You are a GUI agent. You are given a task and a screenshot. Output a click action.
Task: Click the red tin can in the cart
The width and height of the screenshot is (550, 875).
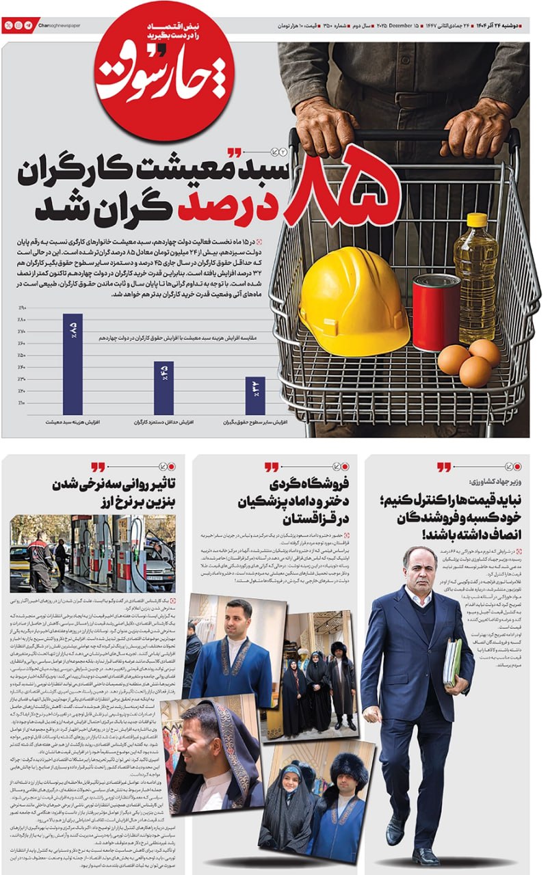436,312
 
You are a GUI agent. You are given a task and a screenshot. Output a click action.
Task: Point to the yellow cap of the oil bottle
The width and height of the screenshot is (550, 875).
477,220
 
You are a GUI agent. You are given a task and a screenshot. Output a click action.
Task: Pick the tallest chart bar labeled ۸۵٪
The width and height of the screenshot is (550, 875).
73,363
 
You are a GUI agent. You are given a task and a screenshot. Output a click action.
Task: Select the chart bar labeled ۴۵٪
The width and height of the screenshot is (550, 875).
163,387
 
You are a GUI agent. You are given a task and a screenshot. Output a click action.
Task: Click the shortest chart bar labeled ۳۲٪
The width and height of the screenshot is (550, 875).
254,395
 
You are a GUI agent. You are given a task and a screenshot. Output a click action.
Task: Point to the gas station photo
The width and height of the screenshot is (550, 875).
93,554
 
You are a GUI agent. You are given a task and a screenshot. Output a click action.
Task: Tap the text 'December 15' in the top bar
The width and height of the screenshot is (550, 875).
405,26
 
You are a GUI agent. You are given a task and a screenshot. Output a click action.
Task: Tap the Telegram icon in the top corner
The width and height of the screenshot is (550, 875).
28,25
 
